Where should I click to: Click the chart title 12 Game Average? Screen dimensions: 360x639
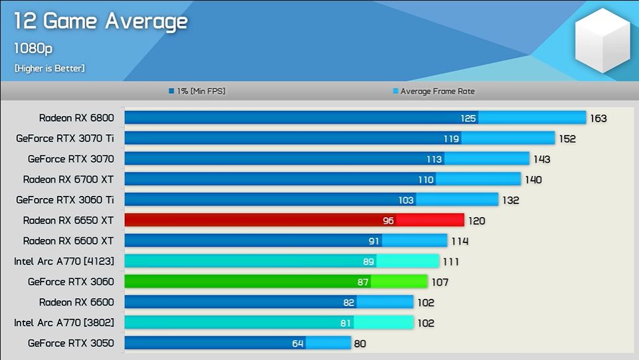(101, 21)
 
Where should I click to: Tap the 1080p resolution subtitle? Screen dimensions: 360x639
(33, 48)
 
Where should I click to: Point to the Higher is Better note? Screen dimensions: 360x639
(50, 68)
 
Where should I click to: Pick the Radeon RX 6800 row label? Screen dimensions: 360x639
(76, 118)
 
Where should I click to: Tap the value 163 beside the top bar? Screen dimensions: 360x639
(598, 119)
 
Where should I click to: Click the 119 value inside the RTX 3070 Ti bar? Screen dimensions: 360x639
(451, 139)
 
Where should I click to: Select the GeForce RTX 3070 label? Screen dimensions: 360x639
(71, 159)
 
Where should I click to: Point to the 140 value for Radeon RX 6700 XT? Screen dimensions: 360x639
(533, 180)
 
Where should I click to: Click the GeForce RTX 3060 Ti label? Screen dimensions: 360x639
(65, 199)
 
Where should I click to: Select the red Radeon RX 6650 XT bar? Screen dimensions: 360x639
(294, 220)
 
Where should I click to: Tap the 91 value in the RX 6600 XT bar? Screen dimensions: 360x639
(374, 241)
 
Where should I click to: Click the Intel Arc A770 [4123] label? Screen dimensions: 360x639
(64, 261)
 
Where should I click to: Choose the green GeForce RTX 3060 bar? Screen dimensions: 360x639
(276, 282)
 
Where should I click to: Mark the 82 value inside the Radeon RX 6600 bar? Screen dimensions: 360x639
(349, 302)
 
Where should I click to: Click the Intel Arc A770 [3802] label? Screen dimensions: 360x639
(64, 323)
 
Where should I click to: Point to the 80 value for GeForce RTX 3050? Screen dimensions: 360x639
(359, 344)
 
